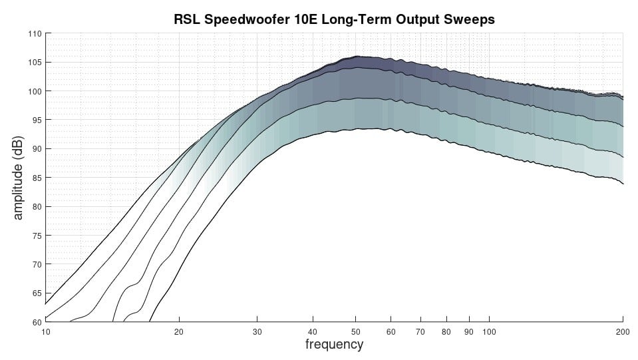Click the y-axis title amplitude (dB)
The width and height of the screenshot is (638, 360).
tap(18, 178)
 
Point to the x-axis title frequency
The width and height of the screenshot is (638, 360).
tap(334, 344)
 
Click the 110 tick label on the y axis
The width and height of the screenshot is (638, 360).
tap(35, 34)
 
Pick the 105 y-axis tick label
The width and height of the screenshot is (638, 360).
tap(35, 63)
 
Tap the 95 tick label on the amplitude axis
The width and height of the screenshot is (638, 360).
tap(37, 120)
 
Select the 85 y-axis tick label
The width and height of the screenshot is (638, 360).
tap(37, 178)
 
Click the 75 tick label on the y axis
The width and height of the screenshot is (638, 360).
tap(37, 236)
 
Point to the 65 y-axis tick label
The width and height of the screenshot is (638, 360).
tap(37, 293)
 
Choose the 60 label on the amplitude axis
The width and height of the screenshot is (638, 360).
tap(37, 322)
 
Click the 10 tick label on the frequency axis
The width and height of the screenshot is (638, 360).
tap(45, 332)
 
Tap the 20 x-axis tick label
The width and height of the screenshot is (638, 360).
tap(178, 332)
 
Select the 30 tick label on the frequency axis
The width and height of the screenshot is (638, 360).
tap(257, 332)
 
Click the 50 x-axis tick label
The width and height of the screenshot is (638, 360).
tap(355, 332)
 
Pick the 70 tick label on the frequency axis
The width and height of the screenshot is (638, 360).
tap(420, 332)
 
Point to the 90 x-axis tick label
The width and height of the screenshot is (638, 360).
tap(469, 332)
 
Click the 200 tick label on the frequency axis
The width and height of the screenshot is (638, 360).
tap(623, 332)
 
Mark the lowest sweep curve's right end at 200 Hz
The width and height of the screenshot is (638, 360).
tap(623, 184)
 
